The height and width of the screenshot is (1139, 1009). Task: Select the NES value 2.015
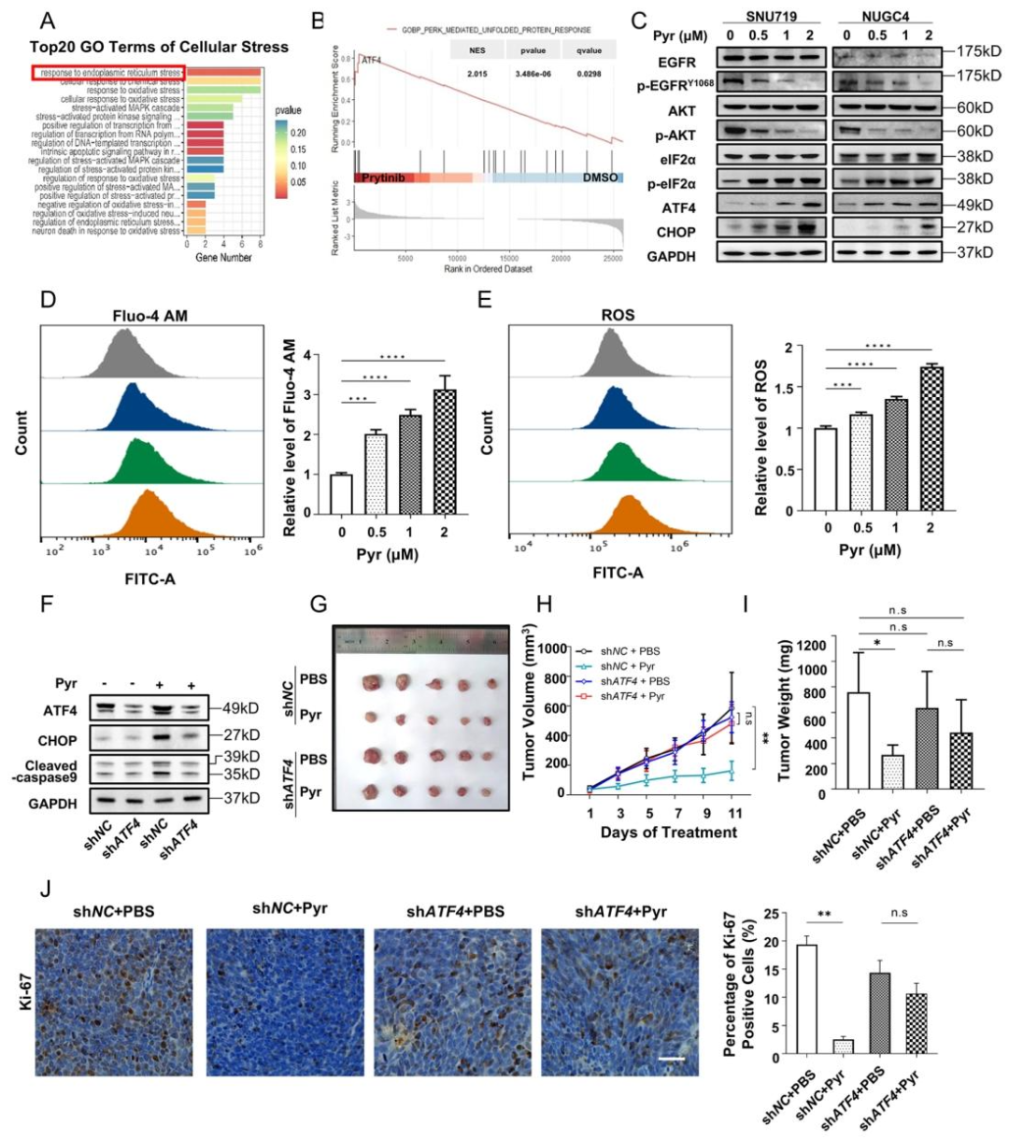click(x=477, y=73)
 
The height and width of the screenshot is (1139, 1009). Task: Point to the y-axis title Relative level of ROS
click(x=762, y=430)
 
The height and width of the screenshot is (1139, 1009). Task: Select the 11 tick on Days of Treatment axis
click(x=735, y=813)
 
